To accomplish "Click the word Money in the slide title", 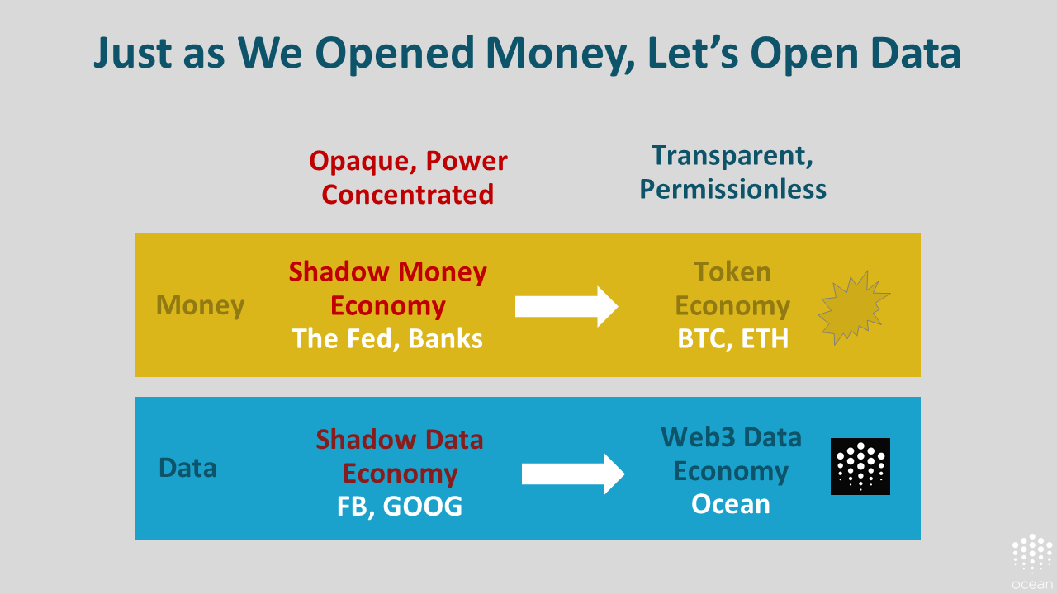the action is coord(561,54).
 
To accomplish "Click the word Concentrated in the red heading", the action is coord(408,194).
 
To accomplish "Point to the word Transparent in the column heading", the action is coord(732,156).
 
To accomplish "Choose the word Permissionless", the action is coord(732,190).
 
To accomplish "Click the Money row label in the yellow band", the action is coord(200,305).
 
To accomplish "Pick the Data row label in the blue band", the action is coord(187,468).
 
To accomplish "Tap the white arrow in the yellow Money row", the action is coord(566,306).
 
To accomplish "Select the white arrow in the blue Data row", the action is coord(573,474).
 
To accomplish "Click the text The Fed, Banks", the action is coord(387,338).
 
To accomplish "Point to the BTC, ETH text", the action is coord(732,338).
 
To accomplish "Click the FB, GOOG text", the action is coord(399,507).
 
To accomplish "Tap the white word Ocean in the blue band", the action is coord(731,504).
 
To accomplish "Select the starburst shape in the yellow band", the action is coord(853,308).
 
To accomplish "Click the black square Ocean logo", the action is coord(860,466).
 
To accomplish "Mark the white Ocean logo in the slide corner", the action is coord(1032,562).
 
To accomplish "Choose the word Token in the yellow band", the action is coord(732,272).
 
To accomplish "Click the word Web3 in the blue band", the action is coord(699,437).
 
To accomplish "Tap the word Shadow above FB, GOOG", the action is coord(364,440).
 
